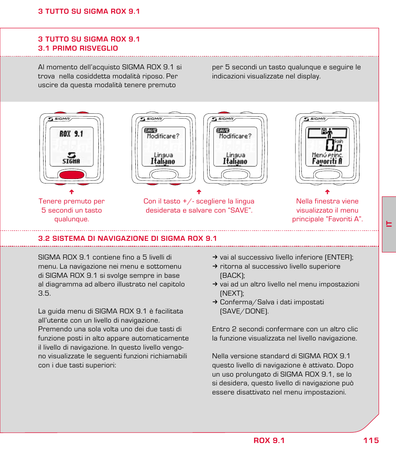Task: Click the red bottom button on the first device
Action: coord(72,174)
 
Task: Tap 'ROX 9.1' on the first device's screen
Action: coord(71,134)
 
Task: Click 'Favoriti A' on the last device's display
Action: coord(327,161)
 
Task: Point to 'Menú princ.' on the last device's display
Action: coord(327,154)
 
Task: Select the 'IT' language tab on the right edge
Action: coord(389,224)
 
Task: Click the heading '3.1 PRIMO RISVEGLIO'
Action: coord(78,48)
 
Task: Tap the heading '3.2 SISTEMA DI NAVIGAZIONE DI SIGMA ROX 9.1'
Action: coord(127,238)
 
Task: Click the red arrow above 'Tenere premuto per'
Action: coord(71,192)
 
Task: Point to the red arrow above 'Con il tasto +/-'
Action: coord(199,192)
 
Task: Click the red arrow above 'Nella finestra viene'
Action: coord(327,192)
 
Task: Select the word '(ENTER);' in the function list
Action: coord(339,257)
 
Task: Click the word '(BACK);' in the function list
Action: coord(232,275)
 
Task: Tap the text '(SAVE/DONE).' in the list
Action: coord(244,311)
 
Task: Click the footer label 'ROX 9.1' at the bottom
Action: coord(269,441)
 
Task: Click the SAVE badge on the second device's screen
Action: coord(150,130)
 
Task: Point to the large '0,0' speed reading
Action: coord(334,146)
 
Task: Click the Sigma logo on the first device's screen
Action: coord(71,157)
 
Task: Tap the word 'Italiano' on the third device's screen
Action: coord(235,161)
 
